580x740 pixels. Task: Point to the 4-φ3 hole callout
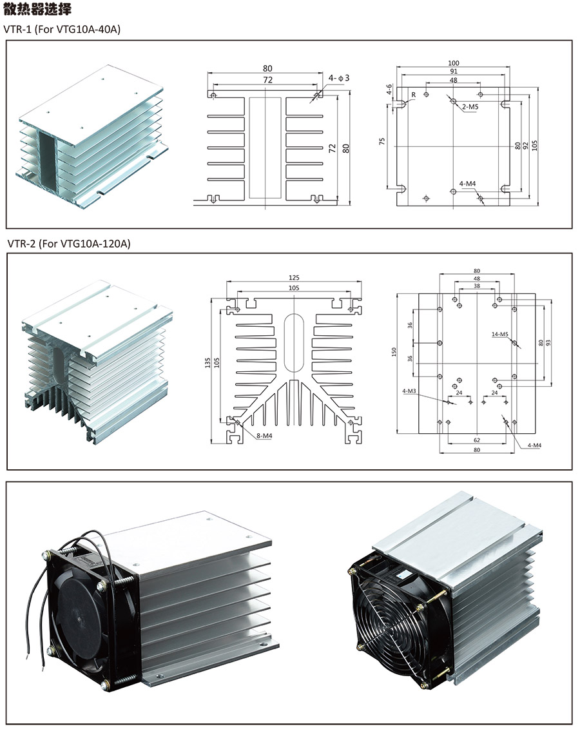(x=338, y=78)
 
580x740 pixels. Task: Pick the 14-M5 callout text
(x=499, y=334)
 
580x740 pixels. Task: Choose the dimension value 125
(x=295, y=277)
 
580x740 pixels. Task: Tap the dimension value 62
(x=476, y=441)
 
